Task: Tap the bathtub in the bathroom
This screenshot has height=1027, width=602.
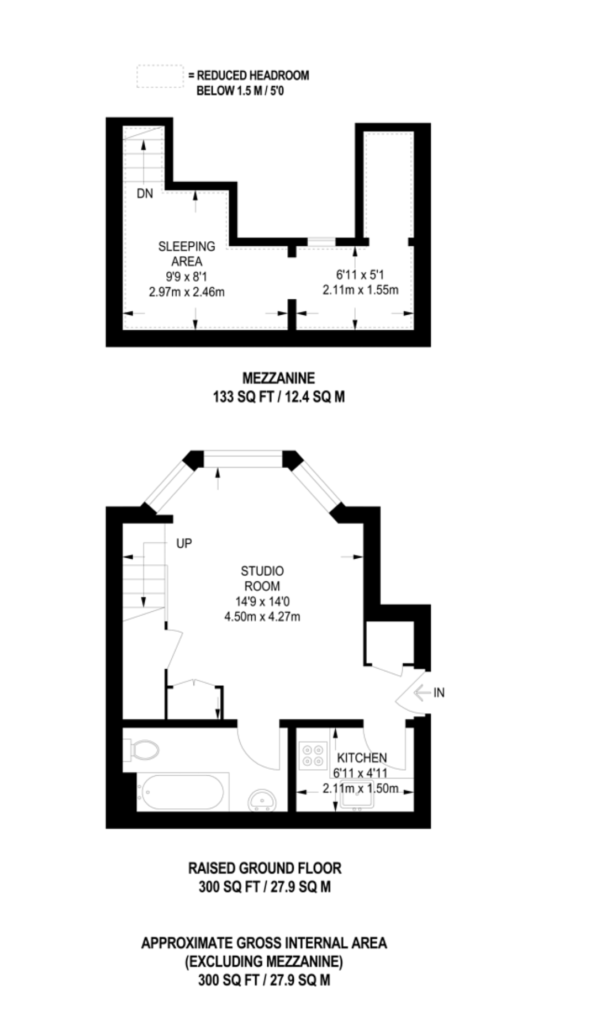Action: pos(183,792)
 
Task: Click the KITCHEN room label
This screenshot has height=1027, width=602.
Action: pos(362,758)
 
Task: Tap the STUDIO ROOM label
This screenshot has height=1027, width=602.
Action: pos(262,579)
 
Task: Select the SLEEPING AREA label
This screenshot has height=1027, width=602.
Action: pos(187,254)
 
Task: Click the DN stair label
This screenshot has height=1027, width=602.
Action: pos(145,193)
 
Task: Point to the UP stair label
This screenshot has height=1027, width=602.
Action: pos(184,543)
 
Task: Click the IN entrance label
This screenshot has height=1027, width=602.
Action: pos(439,692)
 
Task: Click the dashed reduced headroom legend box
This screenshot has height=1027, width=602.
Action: pos(160,76)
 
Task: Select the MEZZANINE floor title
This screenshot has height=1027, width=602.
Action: pos(279,378)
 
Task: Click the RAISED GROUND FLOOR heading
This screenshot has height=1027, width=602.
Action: pos(265,868)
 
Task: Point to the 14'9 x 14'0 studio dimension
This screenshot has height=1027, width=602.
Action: pos(262,602)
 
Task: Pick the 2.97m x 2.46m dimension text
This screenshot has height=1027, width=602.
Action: pos(187,292)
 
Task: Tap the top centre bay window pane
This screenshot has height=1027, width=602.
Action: pos(243,459)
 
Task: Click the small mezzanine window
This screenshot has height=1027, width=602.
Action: pos(321,241)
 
